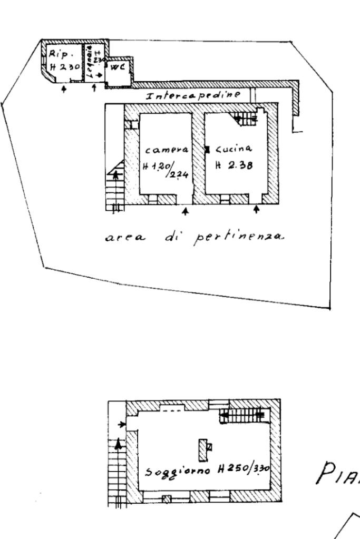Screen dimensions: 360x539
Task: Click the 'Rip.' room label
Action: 56,53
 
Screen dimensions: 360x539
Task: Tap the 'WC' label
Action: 117,67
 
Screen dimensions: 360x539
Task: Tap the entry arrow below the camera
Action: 184,212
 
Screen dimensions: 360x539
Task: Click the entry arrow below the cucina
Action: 257,210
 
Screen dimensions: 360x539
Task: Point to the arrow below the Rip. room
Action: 64,90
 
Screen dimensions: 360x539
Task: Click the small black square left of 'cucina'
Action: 207,149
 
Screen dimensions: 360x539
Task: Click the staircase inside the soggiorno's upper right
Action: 242,416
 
